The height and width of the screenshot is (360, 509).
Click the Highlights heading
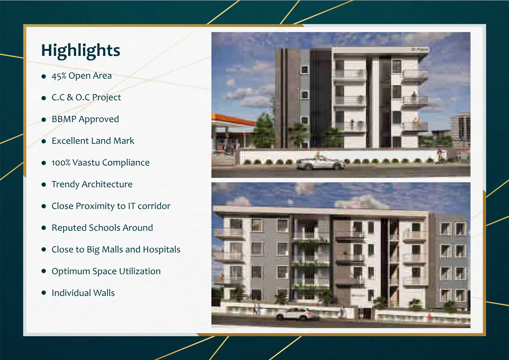point(81,51)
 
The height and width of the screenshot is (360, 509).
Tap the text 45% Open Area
point(82,76)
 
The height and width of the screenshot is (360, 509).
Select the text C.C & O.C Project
point(86,97)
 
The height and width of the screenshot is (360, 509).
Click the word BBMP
point(64,119)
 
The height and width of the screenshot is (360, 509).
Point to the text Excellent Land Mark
point(93,141)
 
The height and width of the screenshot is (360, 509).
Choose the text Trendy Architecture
point(92,184)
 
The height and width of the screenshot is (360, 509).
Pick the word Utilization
point(140,271)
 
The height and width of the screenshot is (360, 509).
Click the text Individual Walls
point(83,293)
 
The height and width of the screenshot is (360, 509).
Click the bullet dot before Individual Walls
point(44,293)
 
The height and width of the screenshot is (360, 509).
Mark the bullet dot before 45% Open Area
point(44,76)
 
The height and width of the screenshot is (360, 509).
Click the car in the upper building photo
point(320,163)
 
